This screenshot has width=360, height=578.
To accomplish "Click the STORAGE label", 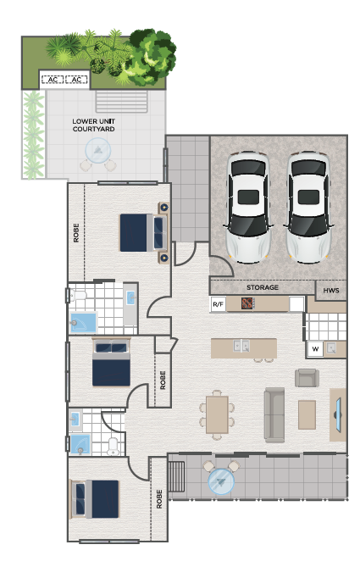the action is tap(263, 287).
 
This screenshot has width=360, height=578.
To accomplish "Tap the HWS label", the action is tap(331, 290).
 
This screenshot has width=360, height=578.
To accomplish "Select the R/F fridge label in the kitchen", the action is tap(218, 304).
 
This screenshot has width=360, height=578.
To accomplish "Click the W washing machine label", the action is tap(315, 348).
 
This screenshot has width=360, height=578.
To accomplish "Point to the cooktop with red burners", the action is tap(247, 303).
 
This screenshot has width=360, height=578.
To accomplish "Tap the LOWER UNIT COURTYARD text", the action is tap(93, 125).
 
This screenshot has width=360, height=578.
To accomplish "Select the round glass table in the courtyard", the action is tap(98, 150).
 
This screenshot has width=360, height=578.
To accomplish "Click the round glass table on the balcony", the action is tap(221, 481).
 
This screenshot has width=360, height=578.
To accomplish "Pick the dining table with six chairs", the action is tap(217, 414).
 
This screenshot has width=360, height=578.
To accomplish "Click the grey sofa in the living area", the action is tap(274, 414).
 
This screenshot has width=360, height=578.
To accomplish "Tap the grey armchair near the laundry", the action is tap(307, 378).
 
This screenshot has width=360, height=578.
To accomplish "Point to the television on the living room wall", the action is tap(338, 414).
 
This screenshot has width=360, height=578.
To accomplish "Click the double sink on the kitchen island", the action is tap(241, 346).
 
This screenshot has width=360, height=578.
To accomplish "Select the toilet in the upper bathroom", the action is tap(78, 295).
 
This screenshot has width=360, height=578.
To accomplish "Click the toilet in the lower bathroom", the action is tap(113, 446).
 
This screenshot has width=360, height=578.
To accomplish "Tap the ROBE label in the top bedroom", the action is tap(76, 233).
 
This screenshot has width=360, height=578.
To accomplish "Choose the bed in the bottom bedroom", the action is tap(95, 498).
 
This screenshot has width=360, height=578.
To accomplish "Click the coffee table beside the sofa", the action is tap(307, 414).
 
